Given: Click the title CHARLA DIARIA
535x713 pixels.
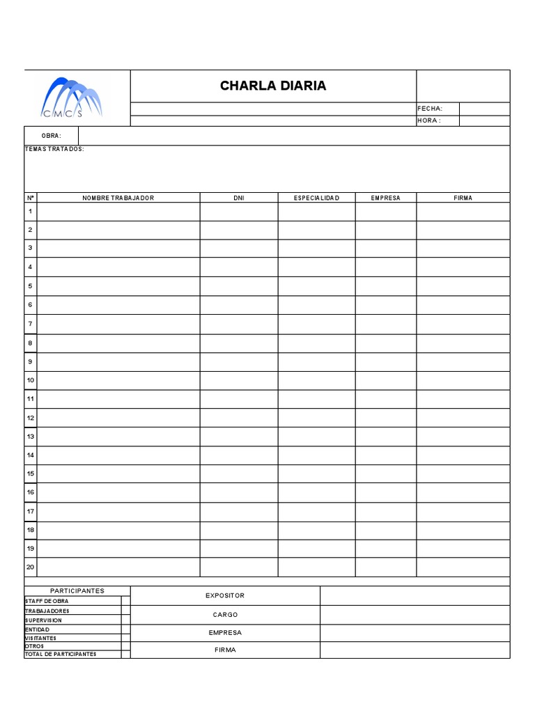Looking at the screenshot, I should pos(273,86).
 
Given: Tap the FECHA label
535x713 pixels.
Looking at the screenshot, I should pos(430,109).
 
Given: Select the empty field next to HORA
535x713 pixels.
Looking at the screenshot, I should pos(484,120).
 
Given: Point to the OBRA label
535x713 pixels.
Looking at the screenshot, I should pos(52,135).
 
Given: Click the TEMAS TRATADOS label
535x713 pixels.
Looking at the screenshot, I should pos(54,150).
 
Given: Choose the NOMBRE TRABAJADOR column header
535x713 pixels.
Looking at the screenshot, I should pos(118,198).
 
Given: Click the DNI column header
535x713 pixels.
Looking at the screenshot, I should pos(239,198).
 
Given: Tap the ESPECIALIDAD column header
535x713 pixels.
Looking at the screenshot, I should pos(316,198).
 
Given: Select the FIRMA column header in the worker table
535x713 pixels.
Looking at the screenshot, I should pos(463,198).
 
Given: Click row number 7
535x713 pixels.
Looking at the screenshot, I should pos(31,324).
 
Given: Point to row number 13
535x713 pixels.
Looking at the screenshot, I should pos(31,437).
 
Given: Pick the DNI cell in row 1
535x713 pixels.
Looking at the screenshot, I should pos(239,211).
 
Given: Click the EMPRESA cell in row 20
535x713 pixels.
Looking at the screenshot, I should pos(386,567).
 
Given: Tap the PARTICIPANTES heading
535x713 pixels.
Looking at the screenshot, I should pos(77,590).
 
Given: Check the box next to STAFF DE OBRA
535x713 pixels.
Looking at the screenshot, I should pos(125,600).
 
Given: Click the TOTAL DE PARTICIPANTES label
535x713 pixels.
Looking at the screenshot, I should pos(61,655).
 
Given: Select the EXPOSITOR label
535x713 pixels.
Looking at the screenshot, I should pos(225,596).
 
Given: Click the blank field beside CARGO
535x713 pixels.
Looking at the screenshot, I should pos(414,615).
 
